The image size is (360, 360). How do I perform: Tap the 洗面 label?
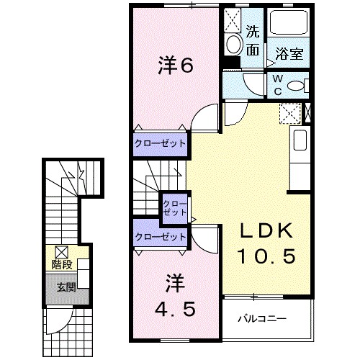coord(253,40)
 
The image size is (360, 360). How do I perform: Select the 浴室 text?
coord(287,53)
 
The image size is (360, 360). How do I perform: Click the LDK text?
coord(266,230)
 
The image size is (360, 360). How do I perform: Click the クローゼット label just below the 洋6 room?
coord(161,143)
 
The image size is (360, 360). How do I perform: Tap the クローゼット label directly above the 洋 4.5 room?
coord(161,235)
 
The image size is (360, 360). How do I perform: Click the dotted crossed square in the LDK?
coord(290,114)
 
